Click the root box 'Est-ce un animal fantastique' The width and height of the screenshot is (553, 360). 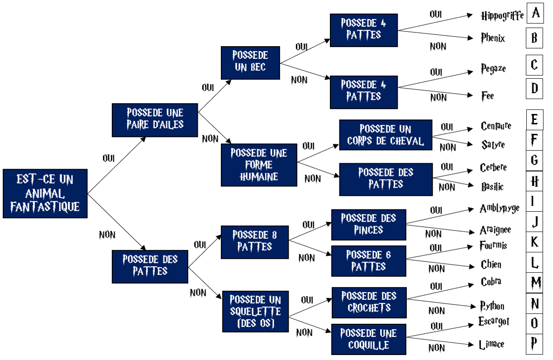click(45, 194)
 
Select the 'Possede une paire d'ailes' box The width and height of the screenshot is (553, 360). click(155, 120)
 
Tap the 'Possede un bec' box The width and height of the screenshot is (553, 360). click(250, 62)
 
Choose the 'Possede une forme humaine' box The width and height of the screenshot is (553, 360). click(259, 165)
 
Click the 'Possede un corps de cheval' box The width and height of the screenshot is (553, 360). click(386, 135)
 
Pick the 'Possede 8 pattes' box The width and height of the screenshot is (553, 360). click(254, 242)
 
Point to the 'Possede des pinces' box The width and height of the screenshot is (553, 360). click(368, 224)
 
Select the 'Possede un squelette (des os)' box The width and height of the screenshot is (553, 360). click(255, 312)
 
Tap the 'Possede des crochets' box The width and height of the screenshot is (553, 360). click(369, 302)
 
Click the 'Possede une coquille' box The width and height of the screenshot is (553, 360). click(368, 339)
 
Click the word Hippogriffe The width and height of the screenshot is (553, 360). click(502, 16)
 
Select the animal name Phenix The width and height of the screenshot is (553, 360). click(493, 38)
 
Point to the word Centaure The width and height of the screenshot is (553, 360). click(496, 126)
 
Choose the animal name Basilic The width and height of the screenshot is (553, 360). click(492, 186)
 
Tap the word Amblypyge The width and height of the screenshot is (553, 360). click(499, 208)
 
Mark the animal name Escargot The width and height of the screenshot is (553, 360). click(494, 322)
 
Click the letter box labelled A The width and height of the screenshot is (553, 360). click(536, 13)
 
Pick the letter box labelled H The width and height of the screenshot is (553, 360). click(535, 182)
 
